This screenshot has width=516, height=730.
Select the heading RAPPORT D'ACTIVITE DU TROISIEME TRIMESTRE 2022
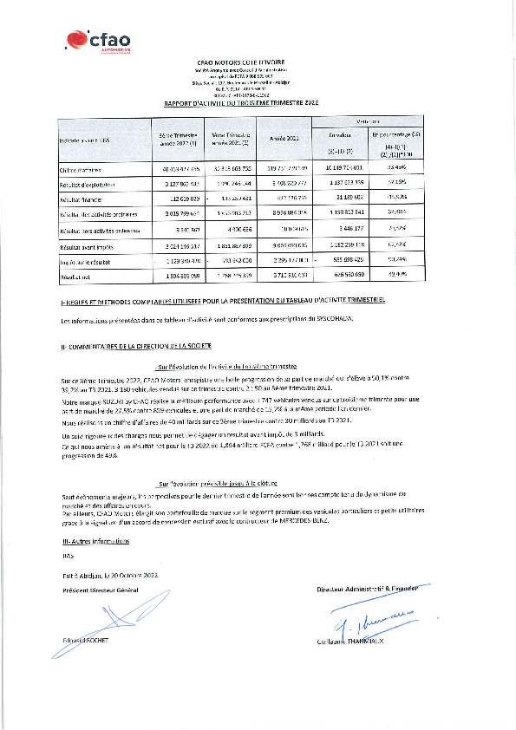click(x=242, y=102)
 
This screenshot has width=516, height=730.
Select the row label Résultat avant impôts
click(x=83, y=245)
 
